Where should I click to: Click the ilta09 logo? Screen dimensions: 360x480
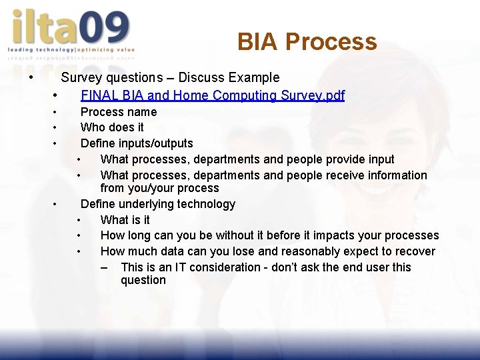[x=70, y=30]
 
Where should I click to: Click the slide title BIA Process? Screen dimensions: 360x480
[x=307, y=42]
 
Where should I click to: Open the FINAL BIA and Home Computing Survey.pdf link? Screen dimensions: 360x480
[x=212, y=95]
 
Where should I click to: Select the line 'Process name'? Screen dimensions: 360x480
[x=119, y=112]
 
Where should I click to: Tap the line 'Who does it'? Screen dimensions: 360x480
[x=112, y=127]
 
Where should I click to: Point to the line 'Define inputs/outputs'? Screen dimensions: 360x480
[x=137, y=143]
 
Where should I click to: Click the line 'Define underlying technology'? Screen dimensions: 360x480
[x=157, y=204]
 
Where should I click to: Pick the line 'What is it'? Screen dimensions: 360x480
[x=125, y=220]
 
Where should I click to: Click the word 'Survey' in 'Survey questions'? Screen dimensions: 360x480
[x=81, y=78]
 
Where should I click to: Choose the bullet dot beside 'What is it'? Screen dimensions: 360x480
[x=79, y=220]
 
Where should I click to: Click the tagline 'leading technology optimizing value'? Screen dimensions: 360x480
[x=71, y=49]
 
